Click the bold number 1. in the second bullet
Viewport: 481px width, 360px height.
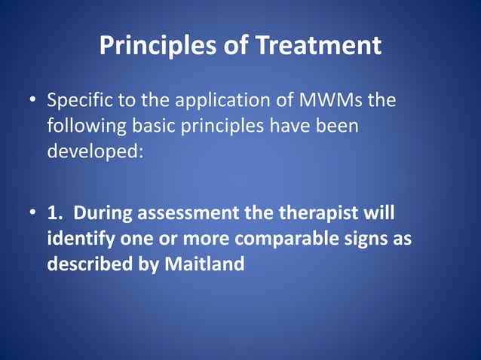(x=55, y=213)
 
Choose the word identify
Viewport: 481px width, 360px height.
(x=80, y=239)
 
